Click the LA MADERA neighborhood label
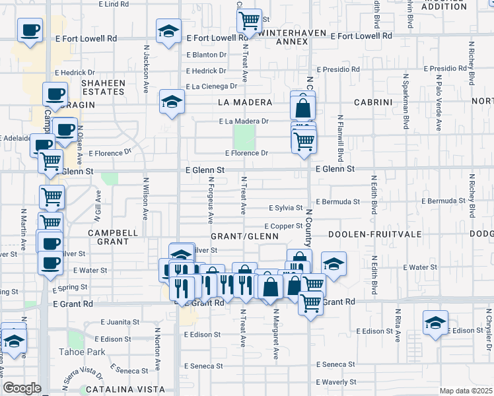(x=245, y=102)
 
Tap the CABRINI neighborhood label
(x=373, y=102)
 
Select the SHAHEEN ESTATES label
(x=103, y=87)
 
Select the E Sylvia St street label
(x=285, y=208)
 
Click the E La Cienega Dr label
(x=211, y=86)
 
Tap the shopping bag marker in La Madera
(x=302, y=107)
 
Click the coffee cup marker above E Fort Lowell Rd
(x=29, y=30)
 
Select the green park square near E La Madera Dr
(x=244, y=137)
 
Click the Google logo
(x=22, y=388)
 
